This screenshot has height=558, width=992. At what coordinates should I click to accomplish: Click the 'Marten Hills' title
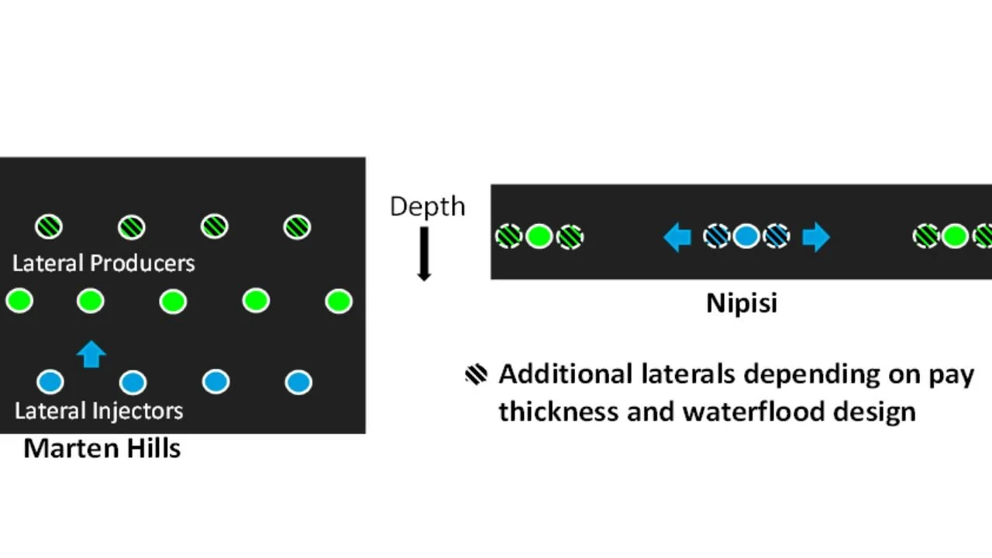(102, 448)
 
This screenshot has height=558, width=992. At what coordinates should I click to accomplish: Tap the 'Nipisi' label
(741, 302)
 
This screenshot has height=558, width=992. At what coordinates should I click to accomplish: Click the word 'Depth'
(427, 206)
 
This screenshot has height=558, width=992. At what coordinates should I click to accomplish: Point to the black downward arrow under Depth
(424, 253)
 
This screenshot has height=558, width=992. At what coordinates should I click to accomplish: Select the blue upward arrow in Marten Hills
(91, 353)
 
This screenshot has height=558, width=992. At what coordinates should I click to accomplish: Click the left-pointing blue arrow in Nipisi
(677, 236)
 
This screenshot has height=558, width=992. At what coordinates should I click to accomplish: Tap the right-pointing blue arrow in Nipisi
(815, 236)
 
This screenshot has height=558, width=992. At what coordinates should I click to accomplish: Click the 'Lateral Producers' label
(103, 263)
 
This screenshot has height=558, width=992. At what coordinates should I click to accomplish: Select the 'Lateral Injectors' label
(98, 410)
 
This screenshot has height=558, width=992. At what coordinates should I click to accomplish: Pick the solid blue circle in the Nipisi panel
(746, 236)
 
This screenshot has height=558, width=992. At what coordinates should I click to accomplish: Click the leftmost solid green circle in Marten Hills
(19, 301)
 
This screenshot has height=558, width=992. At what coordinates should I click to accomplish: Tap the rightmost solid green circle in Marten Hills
(339, 301)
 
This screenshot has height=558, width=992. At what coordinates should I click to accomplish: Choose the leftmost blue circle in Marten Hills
(50, 381)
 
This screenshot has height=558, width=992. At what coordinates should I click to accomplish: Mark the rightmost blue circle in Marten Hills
(298, 381)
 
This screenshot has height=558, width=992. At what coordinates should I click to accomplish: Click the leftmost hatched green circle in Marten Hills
(50, 227)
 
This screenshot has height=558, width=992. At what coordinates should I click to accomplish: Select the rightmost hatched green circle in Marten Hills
(297, 227)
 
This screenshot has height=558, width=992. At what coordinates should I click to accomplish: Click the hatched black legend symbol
(476, 374)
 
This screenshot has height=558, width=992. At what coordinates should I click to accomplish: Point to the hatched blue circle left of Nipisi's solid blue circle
(717, 236)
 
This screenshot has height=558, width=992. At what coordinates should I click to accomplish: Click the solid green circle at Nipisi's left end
(539, 236)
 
